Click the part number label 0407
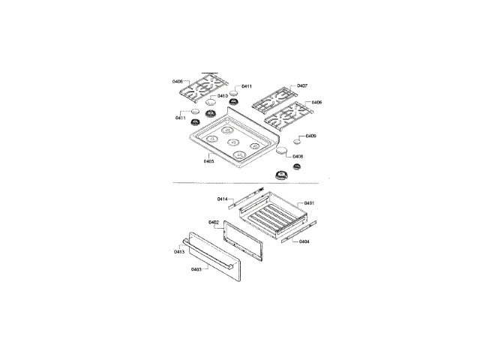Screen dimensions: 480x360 tap(301, 85)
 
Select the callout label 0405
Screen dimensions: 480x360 tap(208, 160)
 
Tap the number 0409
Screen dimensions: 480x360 tap(310, 136)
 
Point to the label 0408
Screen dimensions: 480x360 tap(298, 156)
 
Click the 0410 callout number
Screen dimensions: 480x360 tap(223, 96)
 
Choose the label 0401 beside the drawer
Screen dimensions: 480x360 tap(308, 203)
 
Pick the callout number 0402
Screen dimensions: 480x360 tap(214, 222)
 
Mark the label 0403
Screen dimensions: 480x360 tap(196, 268)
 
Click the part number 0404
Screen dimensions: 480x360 tap(304, 241)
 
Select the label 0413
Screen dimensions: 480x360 tap(179, 251)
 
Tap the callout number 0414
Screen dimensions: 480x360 tap(223, 199)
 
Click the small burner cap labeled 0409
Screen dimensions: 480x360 tap(298, 140)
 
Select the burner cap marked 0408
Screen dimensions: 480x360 tap(282, 152)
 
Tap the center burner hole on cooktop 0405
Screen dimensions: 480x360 tap(232, 140)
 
